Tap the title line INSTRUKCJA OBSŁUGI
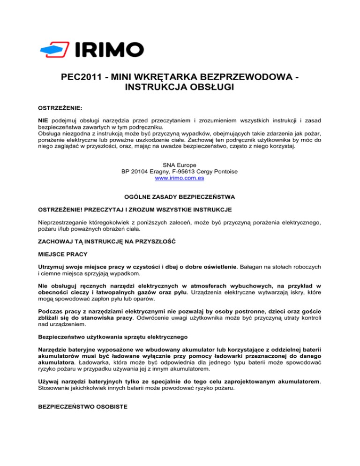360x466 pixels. coord(180,88)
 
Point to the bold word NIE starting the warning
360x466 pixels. coord(43,120)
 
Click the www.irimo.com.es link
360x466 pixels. coord(180,178)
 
